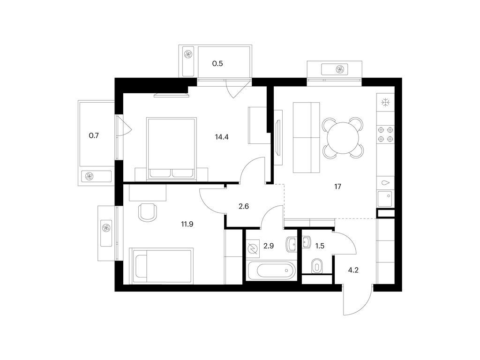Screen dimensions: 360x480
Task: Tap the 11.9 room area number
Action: (187, 224)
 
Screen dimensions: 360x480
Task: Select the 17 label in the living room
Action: (337, 187)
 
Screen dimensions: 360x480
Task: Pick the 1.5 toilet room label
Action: (320, 245)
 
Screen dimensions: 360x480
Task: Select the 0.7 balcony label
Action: (94, 136)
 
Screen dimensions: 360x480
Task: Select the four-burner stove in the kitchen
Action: (385, 134)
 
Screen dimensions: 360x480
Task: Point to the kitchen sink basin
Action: (385, 199)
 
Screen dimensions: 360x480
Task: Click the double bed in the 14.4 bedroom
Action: (171, 148)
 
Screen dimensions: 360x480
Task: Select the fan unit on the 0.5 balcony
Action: (188, 55)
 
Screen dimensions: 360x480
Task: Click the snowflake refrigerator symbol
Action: (386, 102)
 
